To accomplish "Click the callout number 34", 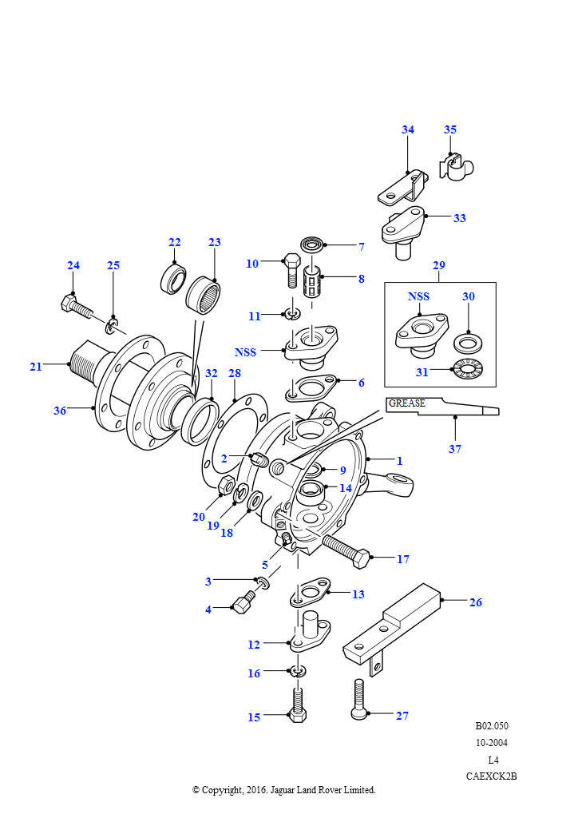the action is tap(408, 129).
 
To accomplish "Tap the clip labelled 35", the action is tap(457, 166).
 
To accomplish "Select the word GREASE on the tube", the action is tap(406, 403).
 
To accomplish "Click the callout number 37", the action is tap(455, 449).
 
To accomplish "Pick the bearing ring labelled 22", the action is tap(172, 279).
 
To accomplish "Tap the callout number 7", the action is tap(361, 247).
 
